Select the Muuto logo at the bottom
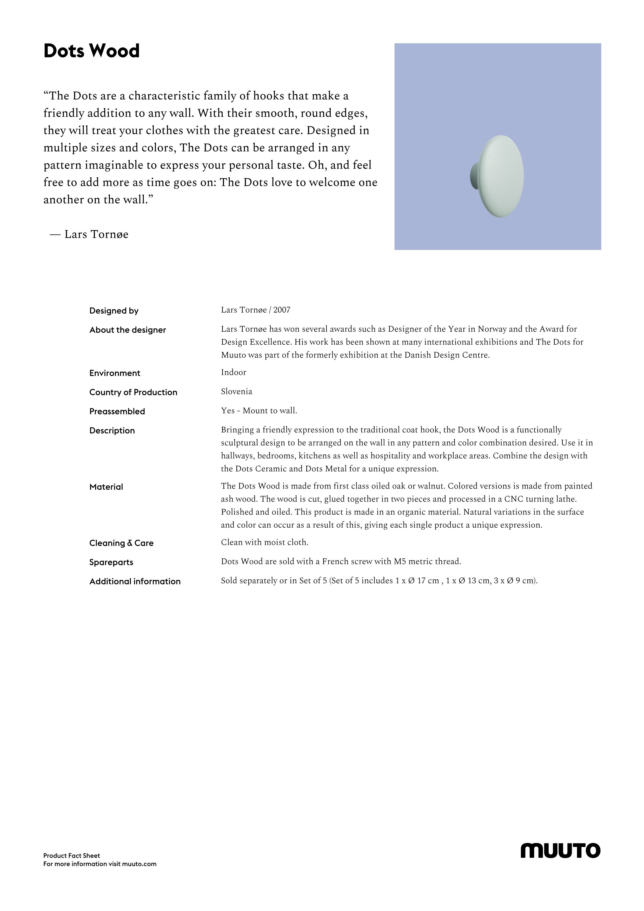[560, 850]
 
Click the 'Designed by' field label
[114, 311]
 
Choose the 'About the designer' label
[127, 330]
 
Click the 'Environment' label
[115, 373]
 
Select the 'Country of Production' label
[133, 392]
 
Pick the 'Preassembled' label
[117, 411]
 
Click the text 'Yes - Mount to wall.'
[259, 411]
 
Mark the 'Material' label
[106, 487]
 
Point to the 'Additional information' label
[135, 581]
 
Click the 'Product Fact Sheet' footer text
[71, 855]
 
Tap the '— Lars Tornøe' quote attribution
[89, 234]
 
